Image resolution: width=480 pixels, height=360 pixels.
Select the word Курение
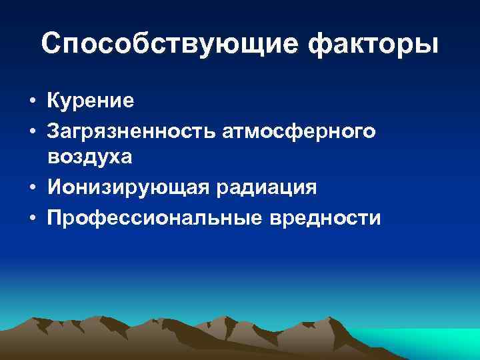(91, 101)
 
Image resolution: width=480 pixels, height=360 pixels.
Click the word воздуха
(89, 157)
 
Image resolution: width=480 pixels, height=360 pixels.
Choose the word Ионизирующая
(128, 188)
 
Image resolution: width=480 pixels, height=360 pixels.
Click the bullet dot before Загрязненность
(32, 133)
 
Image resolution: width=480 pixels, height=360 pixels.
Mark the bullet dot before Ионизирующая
(32, 189)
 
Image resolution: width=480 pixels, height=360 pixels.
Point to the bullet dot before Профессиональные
(32, 219)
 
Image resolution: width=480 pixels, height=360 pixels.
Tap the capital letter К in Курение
(54, 101)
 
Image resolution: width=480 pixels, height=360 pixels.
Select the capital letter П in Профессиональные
(55, 218)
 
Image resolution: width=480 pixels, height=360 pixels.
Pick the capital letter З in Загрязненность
(53, 131)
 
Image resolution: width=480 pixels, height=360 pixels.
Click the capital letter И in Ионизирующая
(55, 188)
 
